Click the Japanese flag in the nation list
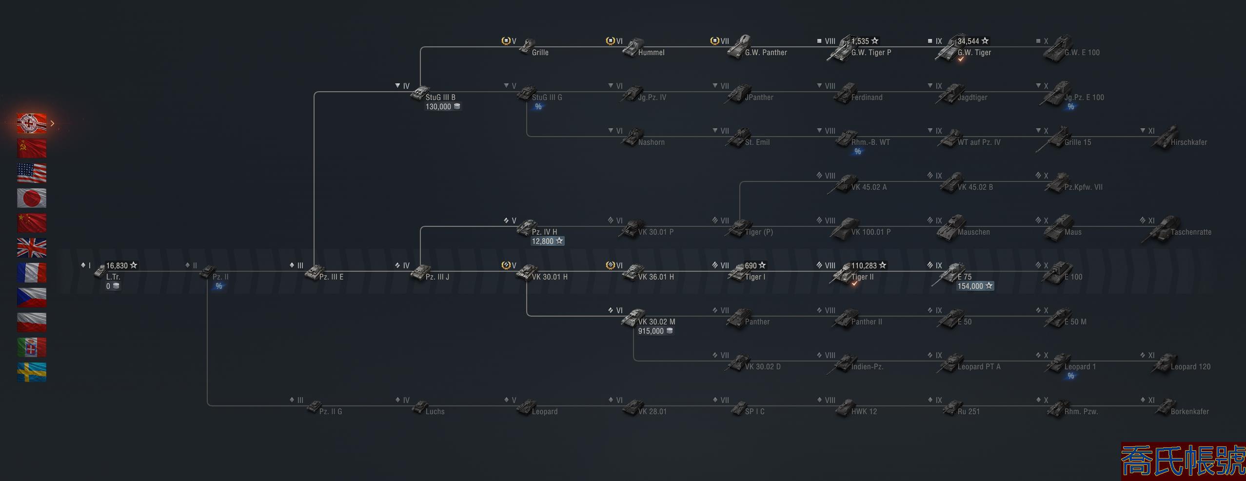click(32, 198)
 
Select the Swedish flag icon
click(32, 372)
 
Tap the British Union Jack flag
click(32, 248)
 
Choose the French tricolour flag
click(32, 273)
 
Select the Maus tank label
click(1073, 232)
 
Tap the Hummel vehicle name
click(651, 53)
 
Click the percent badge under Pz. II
click(219, 286)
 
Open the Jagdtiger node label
click(972, 98)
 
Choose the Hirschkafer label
click(1188, 142)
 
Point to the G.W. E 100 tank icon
click(1055, 49)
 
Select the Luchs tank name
click(435, 412)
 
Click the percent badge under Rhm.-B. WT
click(857, 152)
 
